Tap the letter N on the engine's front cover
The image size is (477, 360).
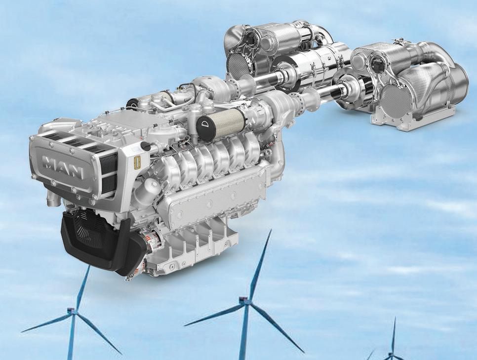75,172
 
